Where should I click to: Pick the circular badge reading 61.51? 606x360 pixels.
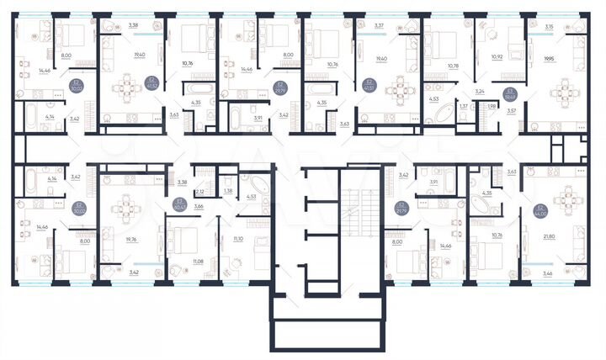point(368,83)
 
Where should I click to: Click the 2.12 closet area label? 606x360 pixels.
point(199,192)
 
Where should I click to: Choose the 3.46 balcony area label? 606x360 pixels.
point(550,274)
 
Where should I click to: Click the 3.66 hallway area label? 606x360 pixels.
point(199,206)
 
